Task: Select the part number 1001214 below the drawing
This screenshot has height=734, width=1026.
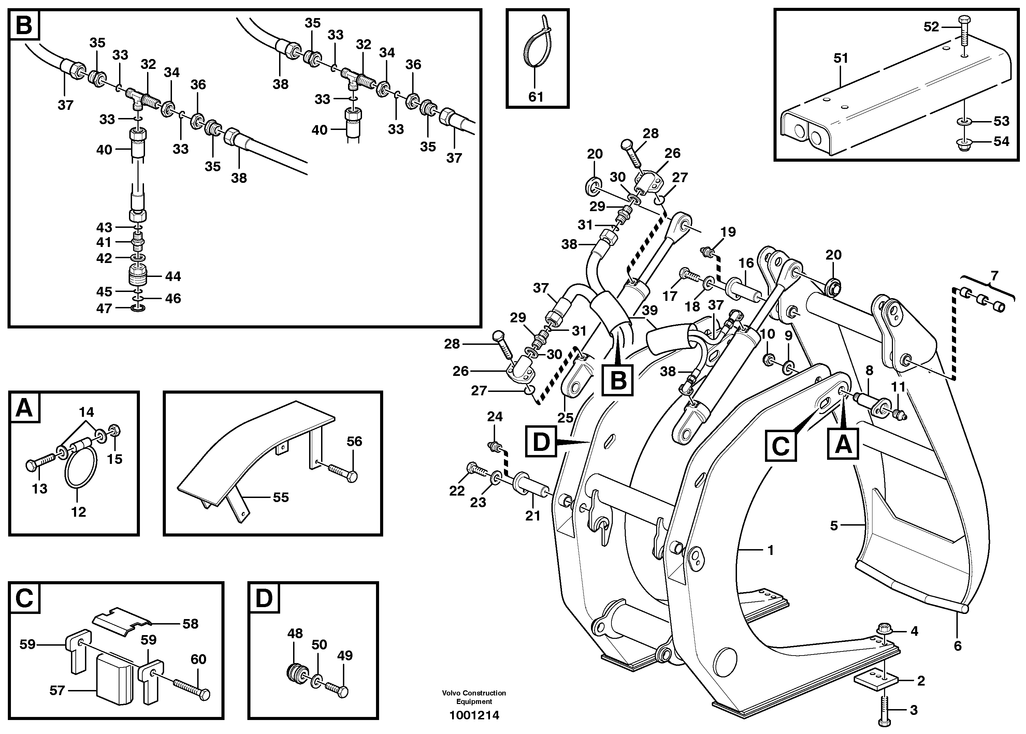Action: tap(474, 716)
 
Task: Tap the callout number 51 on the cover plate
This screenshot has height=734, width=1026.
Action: tap(841, 58)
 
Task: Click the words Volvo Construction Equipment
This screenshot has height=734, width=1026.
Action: tap(474, 697)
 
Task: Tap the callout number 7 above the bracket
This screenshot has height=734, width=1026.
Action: tap(994, 275)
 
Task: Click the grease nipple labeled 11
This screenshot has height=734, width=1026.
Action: tap(898, 414)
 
